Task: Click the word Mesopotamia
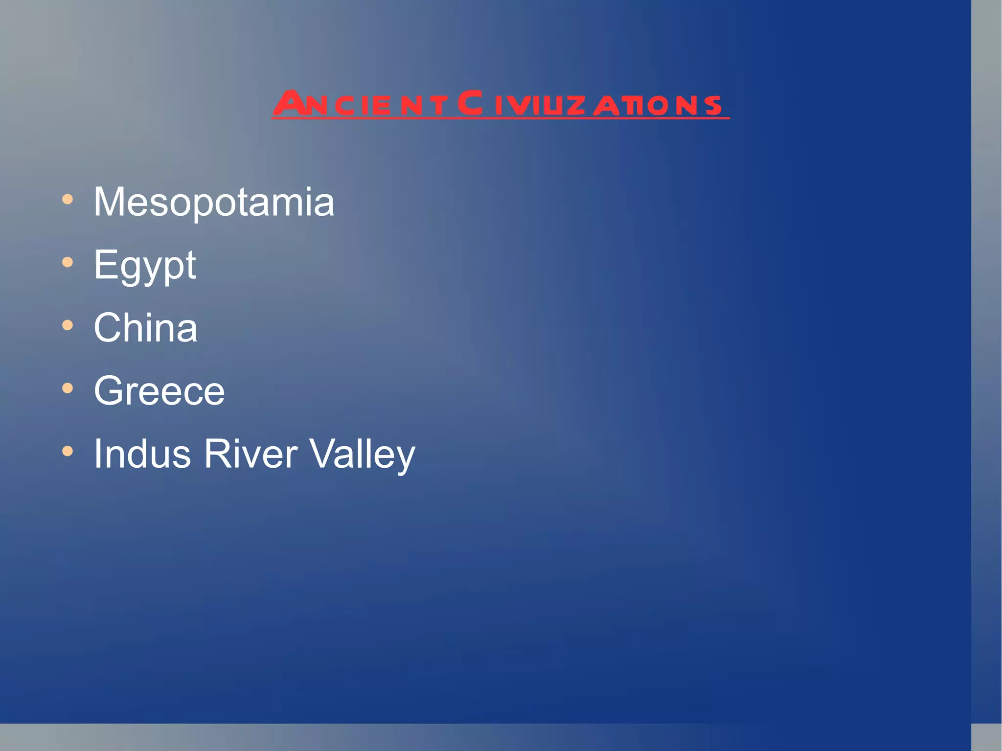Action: coord(214,202)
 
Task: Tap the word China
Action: coord(145,328)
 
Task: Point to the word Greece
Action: coord(159,391)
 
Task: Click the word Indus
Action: coord(142,454)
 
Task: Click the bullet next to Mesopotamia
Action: coord(68,199)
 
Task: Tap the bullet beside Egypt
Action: coord(68,262)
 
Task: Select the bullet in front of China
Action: coord(68,325)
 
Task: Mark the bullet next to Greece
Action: coord(68,388)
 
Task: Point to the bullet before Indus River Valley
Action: coord(68,451)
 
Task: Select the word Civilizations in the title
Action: coord(590,104)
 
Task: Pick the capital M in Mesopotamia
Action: coord(109,202)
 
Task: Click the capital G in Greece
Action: coord(109,391)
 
